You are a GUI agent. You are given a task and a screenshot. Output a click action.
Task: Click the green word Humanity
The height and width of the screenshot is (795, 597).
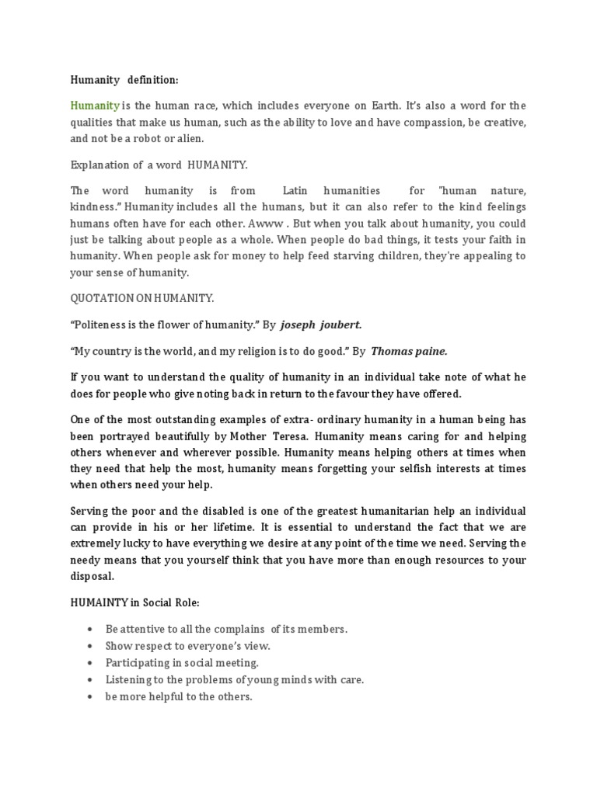tap(95, 106)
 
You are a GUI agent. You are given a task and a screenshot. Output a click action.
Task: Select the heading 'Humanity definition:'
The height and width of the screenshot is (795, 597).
tap(124, 79)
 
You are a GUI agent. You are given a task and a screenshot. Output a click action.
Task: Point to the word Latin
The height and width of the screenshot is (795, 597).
tap(295, 190)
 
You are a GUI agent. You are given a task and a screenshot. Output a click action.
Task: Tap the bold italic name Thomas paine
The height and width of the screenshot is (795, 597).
tap(409, 351)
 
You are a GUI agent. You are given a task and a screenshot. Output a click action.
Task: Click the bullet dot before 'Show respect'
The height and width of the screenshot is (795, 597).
tap(92, 646)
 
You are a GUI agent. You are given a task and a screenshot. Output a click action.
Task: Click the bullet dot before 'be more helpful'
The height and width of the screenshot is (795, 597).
tap(92, 697)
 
